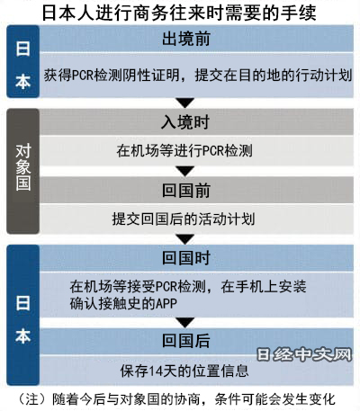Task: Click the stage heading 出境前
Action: (x=186, y=39)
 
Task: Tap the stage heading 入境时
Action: (x=185, y=122)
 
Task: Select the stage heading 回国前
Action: (x=186, y=191)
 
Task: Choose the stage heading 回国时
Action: (x=186, y=258)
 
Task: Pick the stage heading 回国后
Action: (x=186, y=341)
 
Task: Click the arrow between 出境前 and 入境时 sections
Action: (x=185, y=103)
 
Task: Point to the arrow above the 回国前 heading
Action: (x=185, y=171)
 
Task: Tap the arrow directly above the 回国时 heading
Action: (x=185, y=239)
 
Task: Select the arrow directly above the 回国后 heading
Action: (x=185, y=322)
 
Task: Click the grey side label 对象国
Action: (x=23, y=167)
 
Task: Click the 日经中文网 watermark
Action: (x=304, y=355)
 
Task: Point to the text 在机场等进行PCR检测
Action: (x=184, y=150)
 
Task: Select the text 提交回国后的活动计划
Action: (x=184, y=219)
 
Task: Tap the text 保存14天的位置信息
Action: (x=184, y=371)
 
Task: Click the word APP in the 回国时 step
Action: (x=166, y=304)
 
